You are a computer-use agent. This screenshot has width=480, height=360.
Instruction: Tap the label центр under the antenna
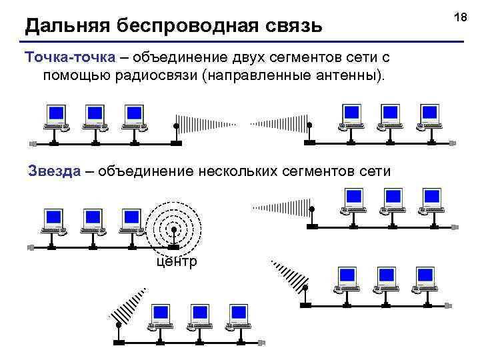click(x=176, y=261)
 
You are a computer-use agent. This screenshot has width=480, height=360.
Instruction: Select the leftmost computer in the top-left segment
click(x=55, y=117)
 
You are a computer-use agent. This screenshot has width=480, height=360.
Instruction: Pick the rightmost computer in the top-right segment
click(x=430, y=117)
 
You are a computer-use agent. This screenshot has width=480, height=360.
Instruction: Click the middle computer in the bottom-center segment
click(x=199, y=317)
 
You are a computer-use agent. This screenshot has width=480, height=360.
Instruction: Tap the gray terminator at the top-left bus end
click(x=33, y=143)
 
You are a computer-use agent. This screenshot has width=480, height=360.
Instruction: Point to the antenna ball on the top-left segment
click(x=176, y=125)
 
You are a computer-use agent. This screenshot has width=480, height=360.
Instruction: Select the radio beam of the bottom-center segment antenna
click(x=130, y=303)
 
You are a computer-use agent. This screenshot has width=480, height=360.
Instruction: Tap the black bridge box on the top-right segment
click(x=309, y=143)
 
